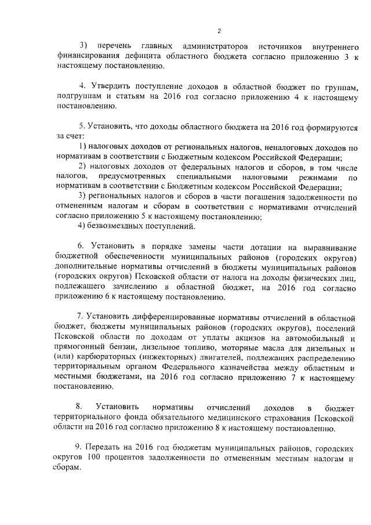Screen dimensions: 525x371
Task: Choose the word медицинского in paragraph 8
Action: coord(228,418)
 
